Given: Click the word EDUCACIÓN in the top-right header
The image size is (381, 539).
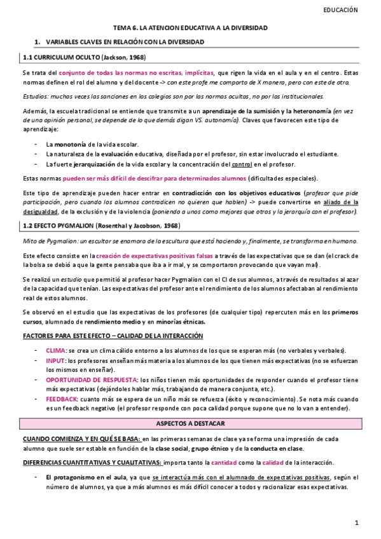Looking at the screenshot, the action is [341, 10].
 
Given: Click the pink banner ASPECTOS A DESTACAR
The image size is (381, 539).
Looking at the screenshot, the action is [190, 423].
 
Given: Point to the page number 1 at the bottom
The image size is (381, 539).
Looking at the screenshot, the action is [357, 522].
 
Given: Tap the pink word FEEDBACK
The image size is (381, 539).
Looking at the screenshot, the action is [62, 398].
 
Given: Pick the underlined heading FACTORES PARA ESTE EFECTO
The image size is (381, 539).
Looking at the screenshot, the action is [113, 335].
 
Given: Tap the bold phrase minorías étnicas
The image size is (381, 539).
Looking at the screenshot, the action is [185, 321].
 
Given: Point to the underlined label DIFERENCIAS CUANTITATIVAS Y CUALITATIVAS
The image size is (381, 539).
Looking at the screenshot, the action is [91, 462].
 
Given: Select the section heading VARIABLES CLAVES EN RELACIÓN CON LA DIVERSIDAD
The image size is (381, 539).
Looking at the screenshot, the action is [125, 42].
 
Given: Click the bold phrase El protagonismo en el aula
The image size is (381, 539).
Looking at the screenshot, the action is [85, 477].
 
